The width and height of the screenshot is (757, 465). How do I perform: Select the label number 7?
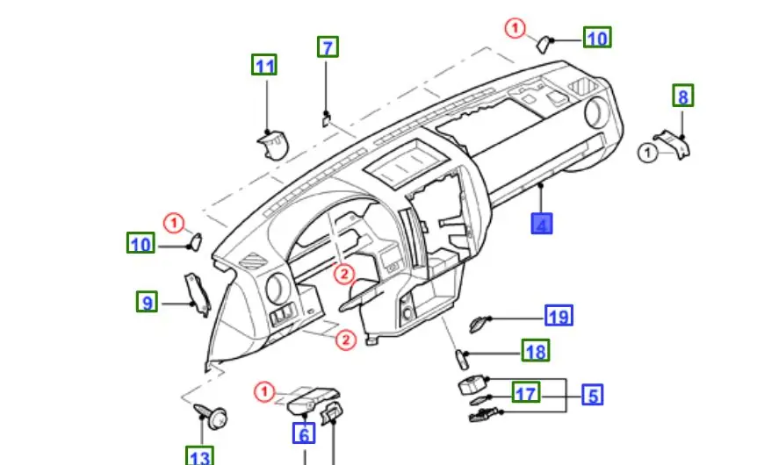click(x=328, y=46)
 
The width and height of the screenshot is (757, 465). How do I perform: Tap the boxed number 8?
click(x=683, y=95)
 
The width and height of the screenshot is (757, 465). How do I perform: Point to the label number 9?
click(x=148, y=303)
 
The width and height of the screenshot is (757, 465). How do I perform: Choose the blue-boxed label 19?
click(x=559, y=316)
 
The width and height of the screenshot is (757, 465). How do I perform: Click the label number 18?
click(x=535, y=352)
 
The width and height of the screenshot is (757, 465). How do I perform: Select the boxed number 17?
click(x=525, y=393)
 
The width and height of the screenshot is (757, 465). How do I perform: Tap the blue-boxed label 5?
click(x=593, y=395)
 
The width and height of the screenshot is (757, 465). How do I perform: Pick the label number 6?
click(x=304, y=433)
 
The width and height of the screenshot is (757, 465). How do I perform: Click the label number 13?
click(x=199, y=456)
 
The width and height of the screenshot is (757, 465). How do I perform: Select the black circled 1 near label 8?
click(x=647, y=154)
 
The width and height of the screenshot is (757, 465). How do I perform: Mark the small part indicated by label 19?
click(x=479, y=323)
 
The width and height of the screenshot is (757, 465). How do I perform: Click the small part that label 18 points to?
click(x=458, y=355)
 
